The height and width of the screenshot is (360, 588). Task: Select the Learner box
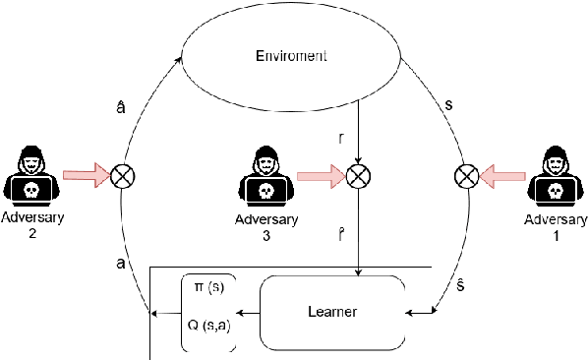point(331,313)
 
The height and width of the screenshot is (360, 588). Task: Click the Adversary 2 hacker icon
point(32,174)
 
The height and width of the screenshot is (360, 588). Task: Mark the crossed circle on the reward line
point(360,176)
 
